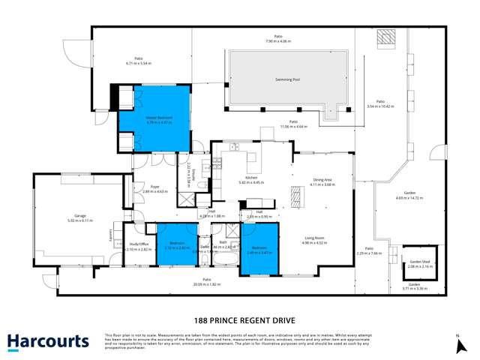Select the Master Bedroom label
click(x=159, y=118)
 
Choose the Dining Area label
click(x=322, y=180)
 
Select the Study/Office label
click(x=139, y=244)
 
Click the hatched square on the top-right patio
click(x=385, y=37)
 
